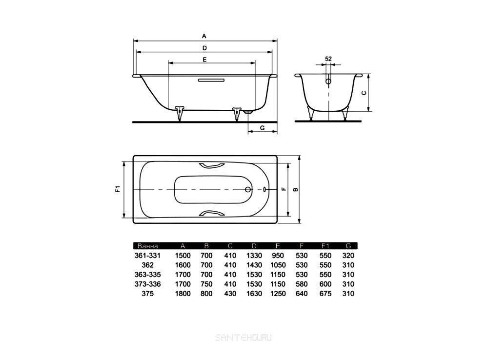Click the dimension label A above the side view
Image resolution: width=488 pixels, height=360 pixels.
point(204,36)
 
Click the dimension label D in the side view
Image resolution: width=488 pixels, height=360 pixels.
point(204,48)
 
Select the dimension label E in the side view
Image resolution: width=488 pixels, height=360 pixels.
point(204,59)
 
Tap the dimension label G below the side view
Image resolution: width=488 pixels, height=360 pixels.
point(262,128)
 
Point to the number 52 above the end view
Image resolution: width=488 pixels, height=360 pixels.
point(328,59)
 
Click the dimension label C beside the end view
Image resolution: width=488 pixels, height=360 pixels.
point(365,93)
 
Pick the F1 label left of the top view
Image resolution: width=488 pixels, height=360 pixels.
point(118,189)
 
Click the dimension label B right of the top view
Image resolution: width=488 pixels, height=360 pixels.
point(296,189)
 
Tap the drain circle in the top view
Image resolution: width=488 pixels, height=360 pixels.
point(248,189)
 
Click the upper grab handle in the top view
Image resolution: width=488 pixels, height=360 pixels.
point(212,165)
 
